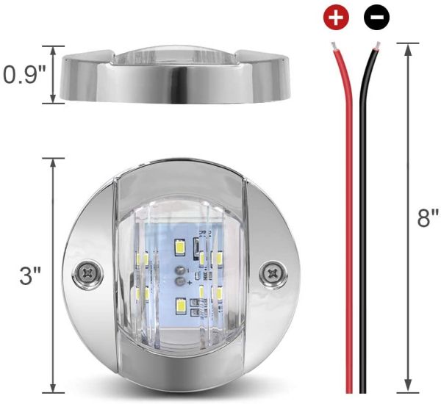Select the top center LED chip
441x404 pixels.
point(179,248)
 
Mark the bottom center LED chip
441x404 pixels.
point(180,303)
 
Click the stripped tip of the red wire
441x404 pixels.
point(335,48)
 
